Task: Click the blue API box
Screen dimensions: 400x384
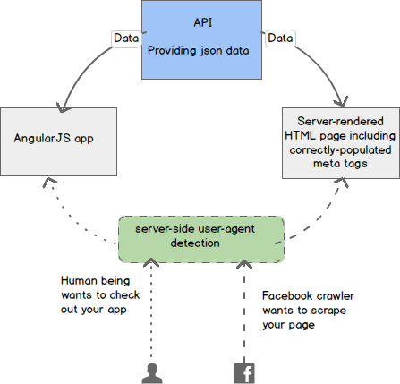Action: [201, 39]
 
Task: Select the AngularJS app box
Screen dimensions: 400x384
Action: [58, 141]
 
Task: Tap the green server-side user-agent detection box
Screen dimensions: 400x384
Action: [201, 239]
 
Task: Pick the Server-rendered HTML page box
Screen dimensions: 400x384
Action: [341, 143]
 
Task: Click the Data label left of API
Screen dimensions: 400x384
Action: [126, 38]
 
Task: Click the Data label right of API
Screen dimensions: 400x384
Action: [280, 38]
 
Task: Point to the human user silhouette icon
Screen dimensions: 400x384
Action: [152, 373]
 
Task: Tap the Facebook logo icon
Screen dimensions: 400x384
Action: [244, 373]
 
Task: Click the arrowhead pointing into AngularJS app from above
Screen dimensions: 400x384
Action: [63, 107]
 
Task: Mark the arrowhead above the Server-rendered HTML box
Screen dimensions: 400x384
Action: [342, 101]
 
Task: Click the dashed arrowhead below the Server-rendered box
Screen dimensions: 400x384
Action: [342, 183]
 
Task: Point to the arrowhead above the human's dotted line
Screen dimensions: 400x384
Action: [151, 262]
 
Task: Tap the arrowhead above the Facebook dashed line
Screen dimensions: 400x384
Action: [244, 264]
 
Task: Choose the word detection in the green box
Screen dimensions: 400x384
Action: [195, 243]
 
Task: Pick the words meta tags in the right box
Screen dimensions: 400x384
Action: [340, 164]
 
